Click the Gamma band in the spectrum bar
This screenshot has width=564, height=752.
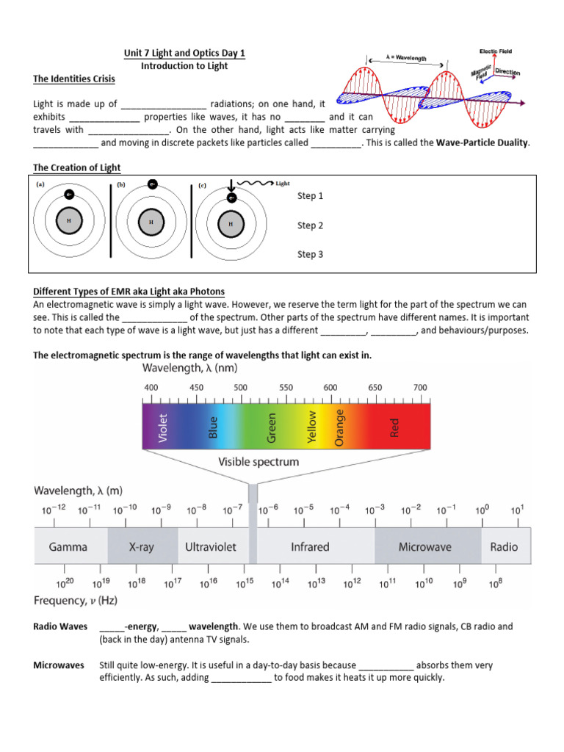coord(68,546)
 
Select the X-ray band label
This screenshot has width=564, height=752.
coord(142,546)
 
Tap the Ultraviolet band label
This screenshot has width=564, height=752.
coord(209,546)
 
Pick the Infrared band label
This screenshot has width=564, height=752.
coord(310,546)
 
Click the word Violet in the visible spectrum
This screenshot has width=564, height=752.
coord(163,428)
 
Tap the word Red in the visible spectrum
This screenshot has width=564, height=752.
coord(394,428)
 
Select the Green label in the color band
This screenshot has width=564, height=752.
coord(272,428)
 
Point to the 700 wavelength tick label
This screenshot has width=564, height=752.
coord(420,387)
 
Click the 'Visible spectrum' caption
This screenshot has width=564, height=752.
coord(258,462)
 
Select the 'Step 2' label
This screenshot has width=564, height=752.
coord(310,225)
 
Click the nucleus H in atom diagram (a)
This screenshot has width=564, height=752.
coord(69,221)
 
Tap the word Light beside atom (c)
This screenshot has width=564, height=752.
coord(283,184)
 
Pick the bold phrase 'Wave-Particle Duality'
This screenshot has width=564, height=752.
coord(482,142)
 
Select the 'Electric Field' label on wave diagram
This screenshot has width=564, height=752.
coord(496,51)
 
